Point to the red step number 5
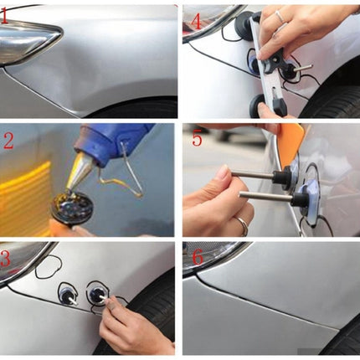[198, 139]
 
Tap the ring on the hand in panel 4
[280, 16]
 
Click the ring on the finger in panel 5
[242, 224]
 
